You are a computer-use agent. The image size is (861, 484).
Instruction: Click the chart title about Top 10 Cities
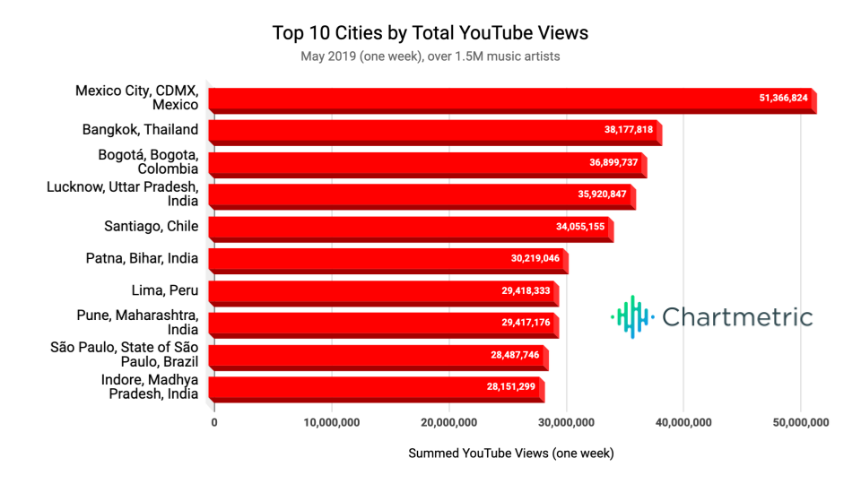(x=430, y=33)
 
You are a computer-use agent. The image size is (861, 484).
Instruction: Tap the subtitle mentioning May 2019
(x=430, y=56)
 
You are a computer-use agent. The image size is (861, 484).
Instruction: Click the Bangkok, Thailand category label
(x=140, y=130)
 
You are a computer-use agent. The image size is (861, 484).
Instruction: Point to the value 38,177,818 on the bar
(x=629, y=130)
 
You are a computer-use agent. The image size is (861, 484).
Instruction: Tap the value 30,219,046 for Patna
(x=535, y=259)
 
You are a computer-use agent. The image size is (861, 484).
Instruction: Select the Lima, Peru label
(x=165, y=290)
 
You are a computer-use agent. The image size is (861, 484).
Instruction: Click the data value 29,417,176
(x=526, y=323)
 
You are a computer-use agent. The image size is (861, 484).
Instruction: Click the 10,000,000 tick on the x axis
(x=331, y=422)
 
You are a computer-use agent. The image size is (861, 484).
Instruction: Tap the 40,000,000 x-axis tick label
(x=683, y=422)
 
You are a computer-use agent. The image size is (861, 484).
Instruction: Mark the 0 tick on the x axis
(x=214, y=422)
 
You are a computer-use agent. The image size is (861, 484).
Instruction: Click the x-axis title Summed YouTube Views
(x=511, y=454)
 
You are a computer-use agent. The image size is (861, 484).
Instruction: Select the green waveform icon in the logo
(x=631, y=316)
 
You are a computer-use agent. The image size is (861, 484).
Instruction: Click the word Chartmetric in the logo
(x=737, y=316)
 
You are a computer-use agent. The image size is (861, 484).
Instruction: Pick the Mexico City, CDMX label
(x=137, y=98)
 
